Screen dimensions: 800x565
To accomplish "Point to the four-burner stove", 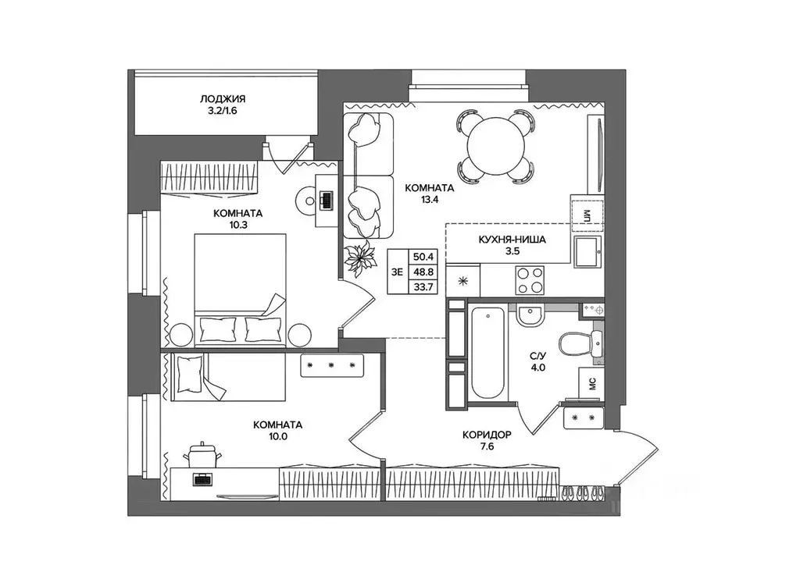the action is point(529,281).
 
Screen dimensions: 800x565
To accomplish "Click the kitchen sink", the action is point(588,251).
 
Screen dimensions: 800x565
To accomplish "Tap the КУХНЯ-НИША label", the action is point(512,240).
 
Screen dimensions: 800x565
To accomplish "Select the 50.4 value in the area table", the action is point(423,257).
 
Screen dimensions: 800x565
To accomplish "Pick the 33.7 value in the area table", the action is point(423,287).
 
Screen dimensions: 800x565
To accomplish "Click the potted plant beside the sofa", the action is point(360,260).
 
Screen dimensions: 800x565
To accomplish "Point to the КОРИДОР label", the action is point(487,435).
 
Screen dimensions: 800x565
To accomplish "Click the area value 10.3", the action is point(237,225).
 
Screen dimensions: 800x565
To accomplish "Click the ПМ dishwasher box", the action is point(587,215).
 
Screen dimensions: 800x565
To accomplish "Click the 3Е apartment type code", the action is point(397,272).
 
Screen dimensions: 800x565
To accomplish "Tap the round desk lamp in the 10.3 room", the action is point(307,201).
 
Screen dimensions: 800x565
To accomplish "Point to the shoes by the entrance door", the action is point(583,492).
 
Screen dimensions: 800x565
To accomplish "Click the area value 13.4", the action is point(430,200).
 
